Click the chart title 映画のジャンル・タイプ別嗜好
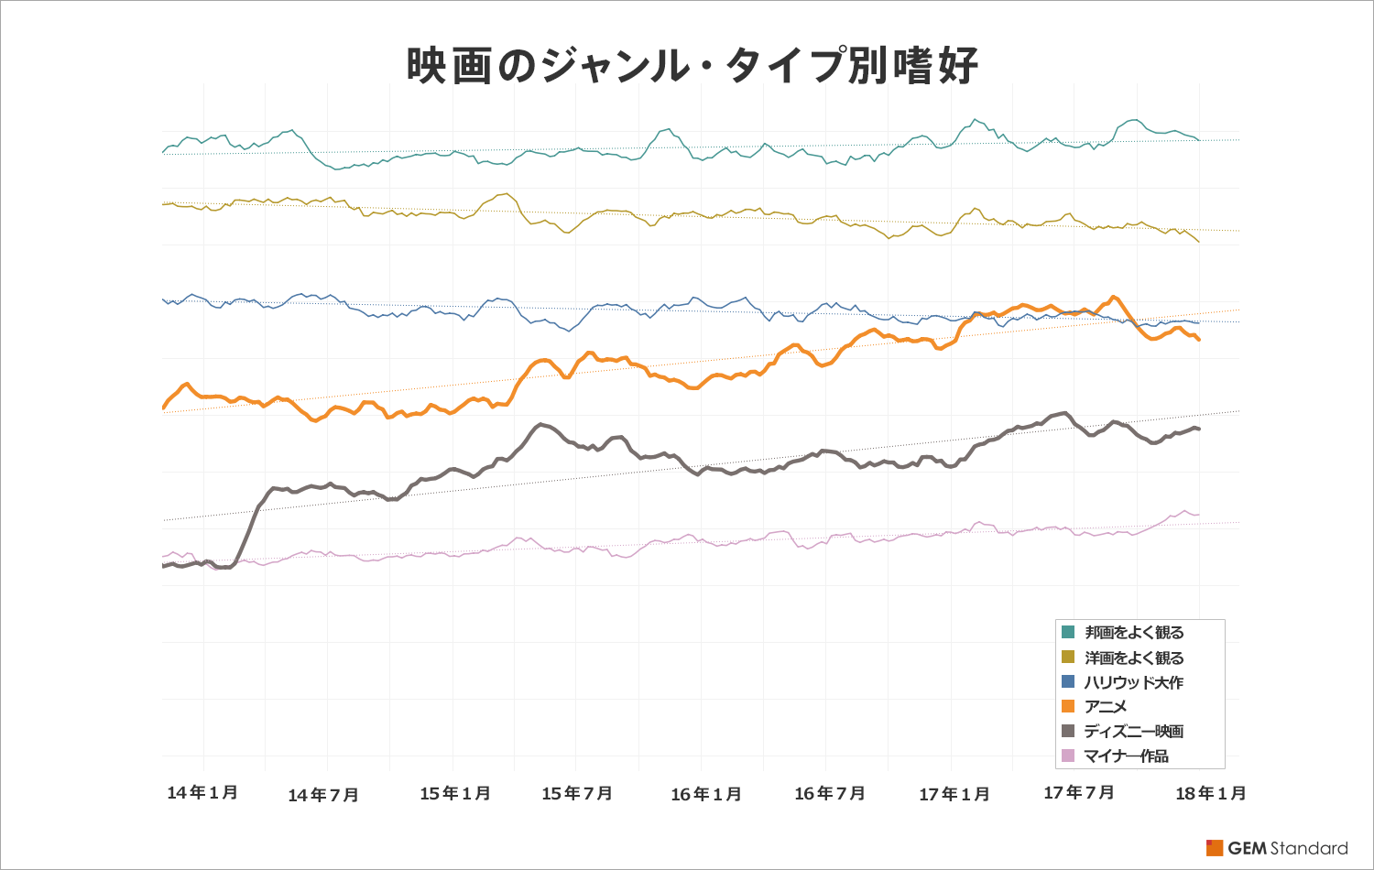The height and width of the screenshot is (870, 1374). (692, 66)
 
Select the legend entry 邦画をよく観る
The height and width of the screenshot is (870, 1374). (1134, 633)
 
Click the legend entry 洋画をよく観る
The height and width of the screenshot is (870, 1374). (1134, 658)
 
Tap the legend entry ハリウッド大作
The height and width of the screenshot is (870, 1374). (1134, 682)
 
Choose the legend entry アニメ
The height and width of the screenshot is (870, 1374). (1106, 707)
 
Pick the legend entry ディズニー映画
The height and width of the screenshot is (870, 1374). (1134, 731)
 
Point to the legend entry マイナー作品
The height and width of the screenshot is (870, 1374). (1126, 756)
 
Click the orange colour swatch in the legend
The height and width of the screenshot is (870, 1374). (1068, 706)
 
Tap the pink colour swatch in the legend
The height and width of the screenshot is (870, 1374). (1068, 756)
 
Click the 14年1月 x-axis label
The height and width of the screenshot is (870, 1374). (202, 792)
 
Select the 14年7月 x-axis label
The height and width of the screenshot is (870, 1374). (323, 795)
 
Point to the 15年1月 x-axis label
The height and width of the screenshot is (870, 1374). (455, 793)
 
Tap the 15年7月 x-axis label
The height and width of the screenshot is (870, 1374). (577, 793)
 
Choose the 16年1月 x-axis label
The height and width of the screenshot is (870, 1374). (706, 794)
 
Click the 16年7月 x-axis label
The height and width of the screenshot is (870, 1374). (830, 793)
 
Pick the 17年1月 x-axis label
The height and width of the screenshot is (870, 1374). (954, 794)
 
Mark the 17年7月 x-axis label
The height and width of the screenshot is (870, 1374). (1079, 792)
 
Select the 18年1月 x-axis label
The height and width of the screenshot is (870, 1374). (1211, 793)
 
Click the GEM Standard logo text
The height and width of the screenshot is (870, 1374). (1287, 848)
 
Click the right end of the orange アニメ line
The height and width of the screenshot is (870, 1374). (1199, 340)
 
